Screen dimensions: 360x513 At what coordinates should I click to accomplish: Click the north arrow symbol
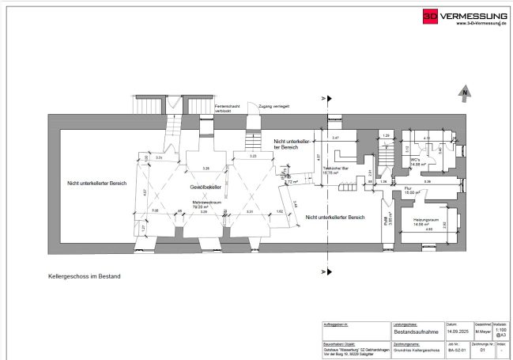464,95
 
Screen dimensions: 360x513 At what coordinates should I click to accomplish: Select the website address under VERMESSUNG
482,23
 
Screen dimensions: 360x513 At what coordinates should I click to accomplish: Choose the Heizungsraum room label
420,221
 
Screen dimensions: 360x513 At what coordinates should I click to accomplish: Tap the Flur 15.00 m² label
410,191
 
